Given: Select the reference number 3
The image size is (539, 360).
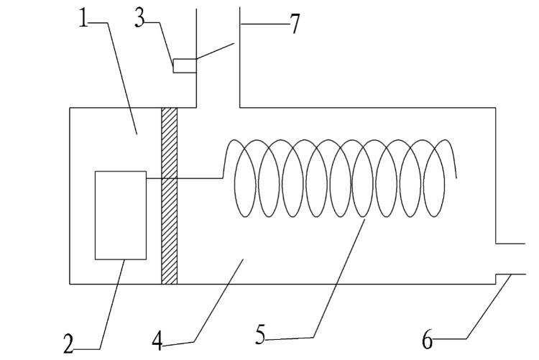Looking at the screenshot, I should tap(141, 19).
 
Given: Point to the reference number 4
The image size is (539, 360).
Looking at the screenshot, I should tap(157, 340).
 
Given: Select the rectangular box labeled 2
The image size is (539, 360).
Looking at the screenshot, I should tap(120, 215).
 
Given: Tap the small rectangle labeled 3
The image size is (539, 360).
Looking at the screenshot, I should tap(185, 65).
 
